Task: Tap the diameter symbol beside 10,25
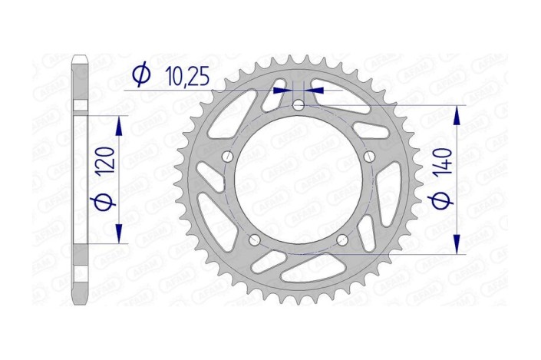click(140, 74)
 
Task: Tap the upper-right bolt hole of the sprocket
click(370, 157)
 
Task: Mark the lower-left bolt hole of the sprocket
click(254, 240)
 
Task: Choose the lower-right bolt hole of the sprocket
click(342, 240)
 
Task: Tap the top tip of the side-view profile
click(80, 56)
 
